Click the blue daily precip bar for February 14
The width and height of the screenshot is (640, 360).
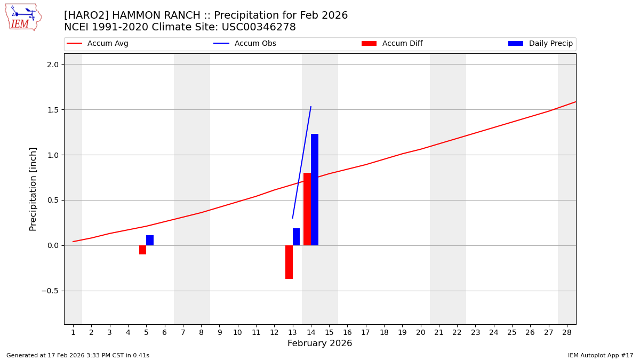tap(315, 189)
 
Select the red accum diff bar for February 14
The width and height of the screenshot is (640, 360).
tap(307, 209)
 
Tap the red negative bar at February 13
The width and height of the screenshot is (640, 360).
tap(289, 262)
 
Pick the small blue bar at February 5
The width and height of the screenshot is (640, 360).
tap(150, 240)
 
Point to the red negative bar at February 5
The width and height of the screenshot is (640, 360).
tap(142, 250)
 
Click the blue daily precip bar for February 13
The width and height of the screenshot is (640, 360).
tap(296, 237)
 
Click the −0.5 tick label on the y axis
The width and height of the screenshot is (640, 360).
tap(52, 291)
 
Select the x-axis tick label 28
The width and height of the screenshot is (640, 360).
tap(567, 332)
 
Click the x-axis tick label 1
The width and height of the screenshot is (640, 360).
tap(73, 332)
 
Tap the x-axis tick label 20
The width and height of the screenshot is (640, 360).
tap(421, 332)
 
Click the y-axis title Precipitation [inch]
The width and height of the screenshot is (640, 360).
tap(33, 189)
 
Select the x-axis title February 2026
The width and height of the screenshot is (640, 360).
tap(319, 343)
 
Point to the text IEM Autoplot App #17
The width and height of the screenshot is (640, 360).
tap(601, 355)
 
